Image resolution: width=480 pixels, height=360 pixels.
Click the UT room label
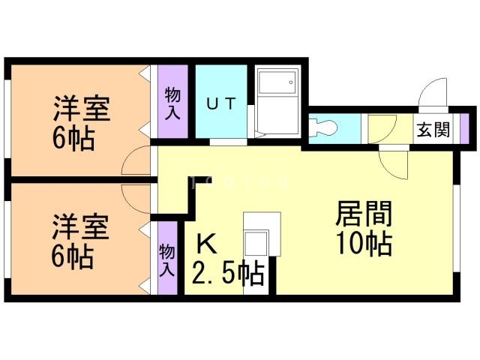[x=220, y=104]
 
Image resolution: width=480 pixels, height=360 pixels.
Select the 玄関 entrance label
[x=433, y=129]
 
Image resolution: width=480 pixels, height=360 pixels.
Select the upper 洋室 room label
[x=81, y=110]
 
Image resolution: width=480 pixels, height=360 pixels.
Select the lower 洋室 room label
[x=81, y=226]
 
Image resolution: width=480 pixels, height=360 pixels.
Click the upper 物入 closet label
[x=172, y=103]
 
